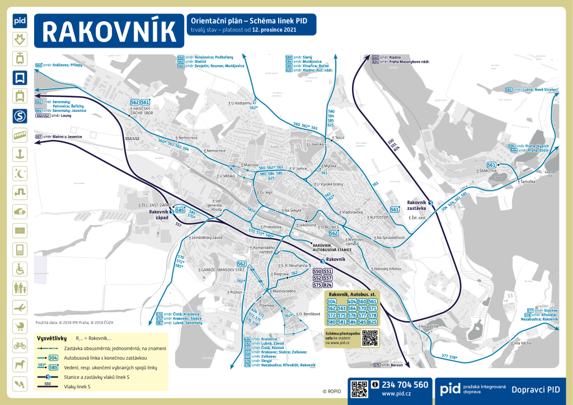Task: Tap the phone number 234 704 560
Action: click(405, 385)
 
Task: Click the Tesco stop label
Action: click(339, 137)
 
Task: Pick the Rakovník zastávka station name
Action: click(416, 204)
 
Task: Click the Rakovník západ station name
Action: click(158, 215)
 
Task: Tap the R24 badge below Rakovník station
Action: click(328, 285)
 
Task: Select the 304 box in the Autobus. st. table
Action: click(332, 302)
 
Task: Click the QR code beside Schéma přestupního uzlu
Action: click(370, 338)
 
